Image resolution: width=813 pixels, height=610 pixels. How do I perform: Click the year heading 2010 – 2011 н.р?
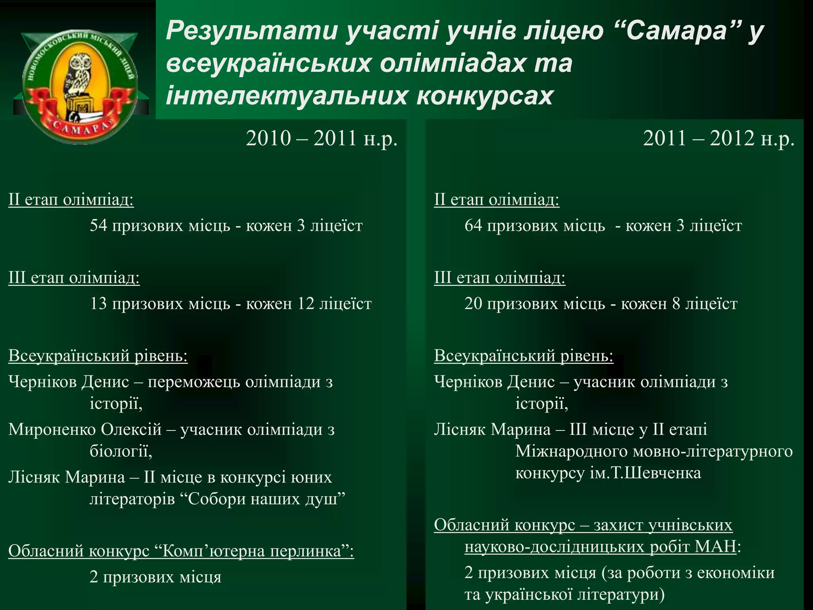(x=322, y=139)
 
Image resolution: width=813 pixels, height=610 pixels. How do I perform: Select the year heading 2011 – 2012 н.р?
(x=719, y=139)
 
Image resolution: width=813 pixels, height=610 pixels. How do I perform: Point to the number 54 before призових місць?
(x=98, y=226)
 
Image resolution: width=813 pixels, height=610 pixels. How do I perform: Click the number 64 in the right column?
(x=473, y=226)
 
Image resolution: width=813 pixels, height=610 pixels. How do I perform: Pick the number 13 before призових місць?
(x=98, y=304)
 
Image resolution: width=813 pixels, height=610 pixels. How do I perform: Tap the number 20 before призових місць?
(x=473, y=304)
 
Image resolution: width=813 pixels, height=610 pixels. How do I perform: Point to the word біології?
(x=121, y=452)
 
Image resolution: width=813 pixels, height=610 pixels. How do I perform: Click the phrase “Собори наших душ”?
(x=266, y=499)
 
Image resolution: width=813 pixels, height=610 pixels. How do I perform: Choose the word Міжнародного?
(x=571, y=452)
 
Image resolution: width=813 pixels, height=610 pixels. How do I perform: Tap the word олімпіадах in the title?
(x=453, y=63)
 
